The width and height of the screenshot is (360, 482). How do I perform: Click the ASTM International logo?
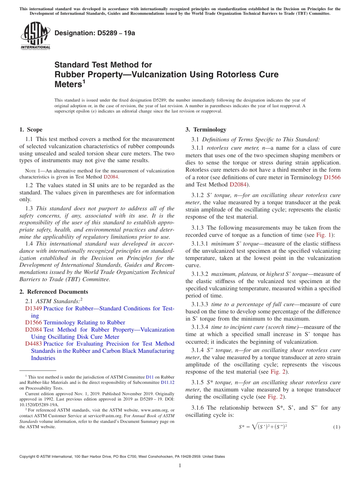[x=35, y=36]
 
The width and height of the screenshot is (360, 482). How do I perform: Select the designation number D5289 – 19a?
[x=95, y=33]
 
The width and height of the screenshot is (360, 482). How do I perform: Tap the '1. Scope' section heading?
[x=31, y=130]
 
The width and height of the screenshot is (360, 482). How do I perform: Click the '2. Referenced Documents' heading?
[x=54, y=292]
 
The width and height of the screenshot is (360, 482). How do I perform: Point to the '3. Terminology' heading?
[x=206, y=130]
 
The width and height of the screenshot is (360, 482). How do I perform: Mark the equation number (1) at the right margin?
[x=337, y=427]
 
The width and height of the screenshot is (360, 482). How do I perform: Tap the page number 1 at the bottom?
[x=180, y=466]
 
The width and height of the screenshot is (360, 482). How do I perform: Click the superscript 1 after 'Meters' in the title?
[x=84, y=81]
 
